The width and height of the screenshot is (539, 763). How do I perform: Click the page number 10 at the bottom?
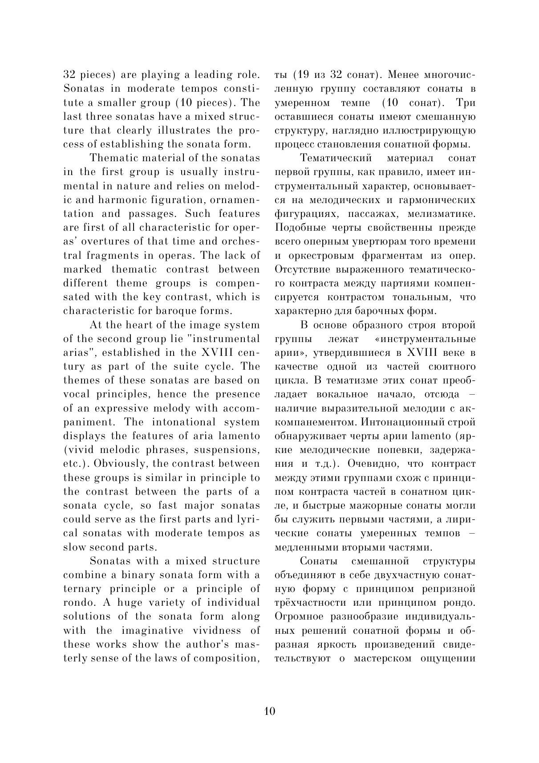coord(270,711)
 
